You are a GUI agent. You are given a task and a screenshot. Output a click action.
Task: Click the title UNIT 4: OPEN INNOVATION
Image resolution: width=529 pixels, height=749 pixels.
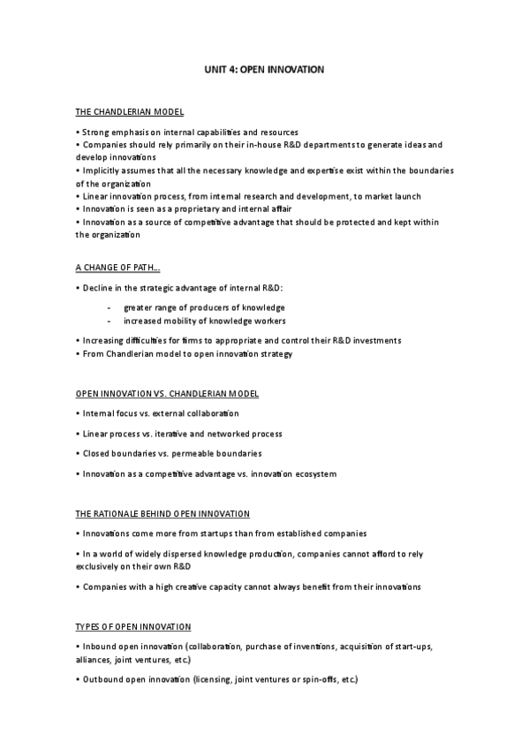click(264, 69)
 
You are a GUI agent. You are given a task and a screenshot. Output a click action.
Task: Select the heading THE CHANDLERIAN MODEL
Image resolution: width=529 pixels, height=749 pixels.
click(129, 112)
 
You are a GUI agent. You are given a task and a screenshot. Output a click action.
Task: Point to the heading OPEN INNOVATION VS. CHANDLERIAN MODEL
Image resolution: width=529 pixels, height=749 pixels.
click(167, 393)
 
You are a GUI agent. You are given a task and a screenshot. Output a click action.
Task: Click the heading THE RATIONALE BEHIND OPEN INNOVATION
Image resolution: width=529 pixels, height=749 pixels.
click(162, 513)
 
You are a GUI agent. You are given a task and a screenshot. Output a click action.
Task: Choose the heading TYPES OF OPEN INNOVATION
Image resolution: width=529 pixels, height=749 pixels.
click(132, 627)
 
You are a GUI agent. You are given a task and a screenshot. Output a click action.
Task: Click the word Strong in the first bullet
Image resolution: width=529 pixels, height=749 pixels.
click(94, 132)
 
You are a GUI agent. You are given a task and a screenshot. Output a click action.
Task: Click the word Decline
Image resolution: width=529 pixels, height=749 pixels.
click(96, 288)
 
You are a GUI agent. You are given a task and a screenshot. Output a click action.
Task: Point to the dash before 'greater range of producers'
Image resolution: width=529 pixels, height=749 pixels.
click(108, 307)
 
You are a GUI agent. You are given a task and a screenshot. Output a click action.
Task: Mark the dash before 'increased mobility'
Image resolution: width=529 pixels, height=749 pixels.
click(108, 321)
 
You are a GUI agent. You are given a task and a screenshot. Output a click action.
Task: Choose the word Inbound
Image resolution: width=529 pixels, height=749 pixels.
click(97, 647)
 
